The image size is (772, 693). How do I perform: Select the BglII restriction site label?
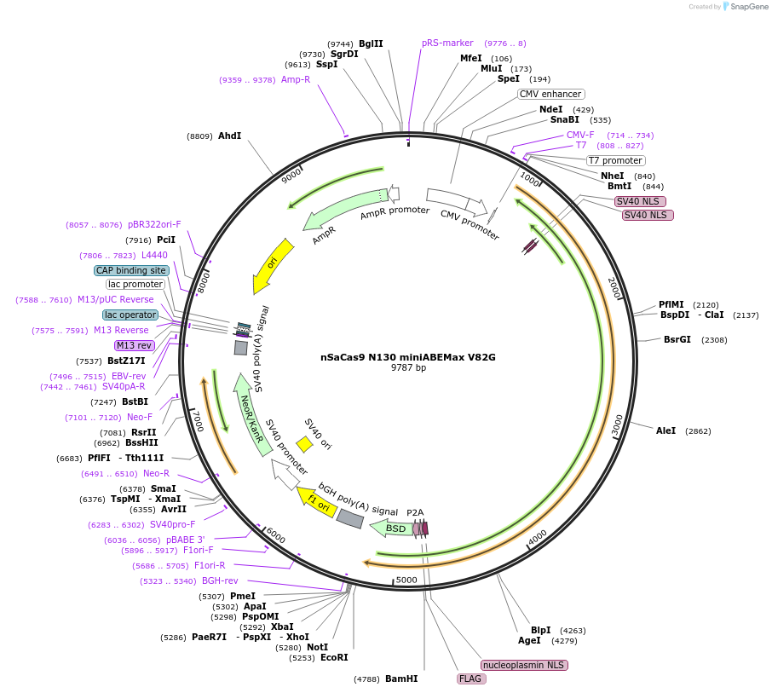tap(371, 43)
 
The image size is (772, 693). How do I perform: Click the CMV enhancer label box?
tap(550, 94)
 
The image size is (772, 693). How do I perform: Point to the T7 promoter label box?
tap(616, 160)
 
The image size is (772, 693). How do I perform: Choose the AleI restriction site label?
tap(665, 430)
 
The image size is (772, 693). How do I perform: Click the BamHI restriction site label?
tap(401, 679)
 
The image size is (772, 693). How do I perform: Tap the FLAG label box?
tap(470, 679)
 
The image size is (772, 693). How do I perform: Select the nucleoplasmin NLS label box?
tap(524, 665)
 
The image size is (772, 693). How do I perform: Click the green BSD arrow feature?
tap(392, 528)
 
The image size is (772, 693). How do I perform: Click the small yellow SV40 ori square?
tap(304, 443)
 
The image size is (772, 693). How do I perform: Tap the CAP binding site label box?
tap(131, 270)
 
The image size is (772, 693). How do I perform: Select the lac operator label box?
tap(130, 315)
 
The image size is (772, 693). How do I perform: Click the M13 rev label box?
tap(134, 345)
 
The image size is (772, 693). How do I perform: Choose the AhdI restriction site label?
tap(229, 136)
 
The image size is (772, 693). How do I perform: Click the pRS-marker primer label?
tap(447, 43)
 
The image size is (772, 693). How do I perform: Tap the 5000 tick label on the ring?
tap(406, 580)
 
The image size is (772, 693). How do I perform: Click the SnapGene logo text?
tap(742, 7)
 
